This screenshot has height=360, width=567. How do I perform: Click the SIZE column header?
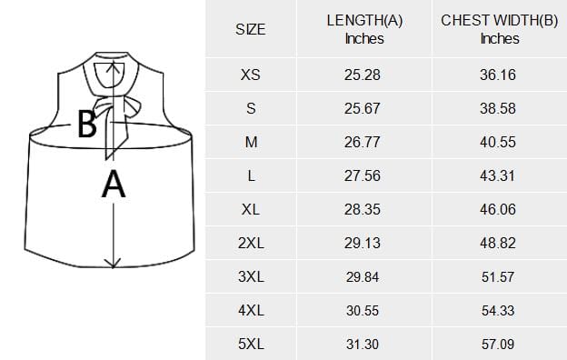[251, 29]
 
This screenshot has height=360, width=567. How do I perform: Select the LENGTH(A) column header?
[364, 29]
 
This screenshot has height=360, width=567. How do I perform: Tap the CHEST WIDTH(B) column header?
[500, 29]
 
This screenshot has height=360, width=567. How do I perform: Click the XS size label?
[251, 75]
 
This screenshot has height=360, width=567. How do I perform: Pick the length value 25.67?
[362, 108]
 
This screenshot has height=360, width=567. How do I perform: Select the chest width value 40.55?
[498, 142]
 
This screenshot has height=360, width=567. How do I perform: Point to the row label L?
[251, 175]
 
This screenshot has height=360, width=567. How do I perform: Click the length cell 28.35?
[362, 209]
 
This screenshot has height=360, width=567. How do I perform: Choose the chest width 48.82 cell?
[498, 243]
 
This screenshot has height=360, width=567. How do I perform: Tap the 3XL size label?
[251, 276]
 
